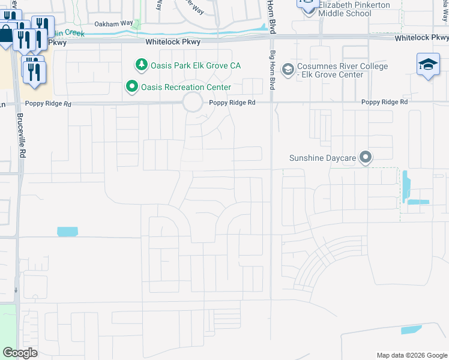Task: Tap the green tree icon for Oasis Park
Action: click(140, 64)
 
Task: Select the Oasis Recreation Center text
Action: click(186, 87)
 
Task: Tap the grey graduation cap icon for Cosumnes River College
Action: click(288, 70)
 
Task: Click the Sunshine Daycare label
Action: click(323, 158)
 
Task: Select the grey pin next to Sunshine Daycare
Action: click(366, 158)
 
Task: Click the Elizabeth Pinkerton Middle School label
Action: click(354, 9)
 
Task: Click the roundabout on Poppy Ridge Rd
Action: click(193, 103)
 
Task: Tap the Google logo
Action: click(20, 353)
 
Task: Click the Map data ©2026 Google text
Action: click(411, 355)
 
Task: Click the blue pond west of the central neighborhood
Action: click(67, 232)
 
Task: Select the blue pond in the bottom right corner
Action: click(411, 329)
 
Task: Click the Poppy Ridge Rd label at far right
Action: click(384, 103)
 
